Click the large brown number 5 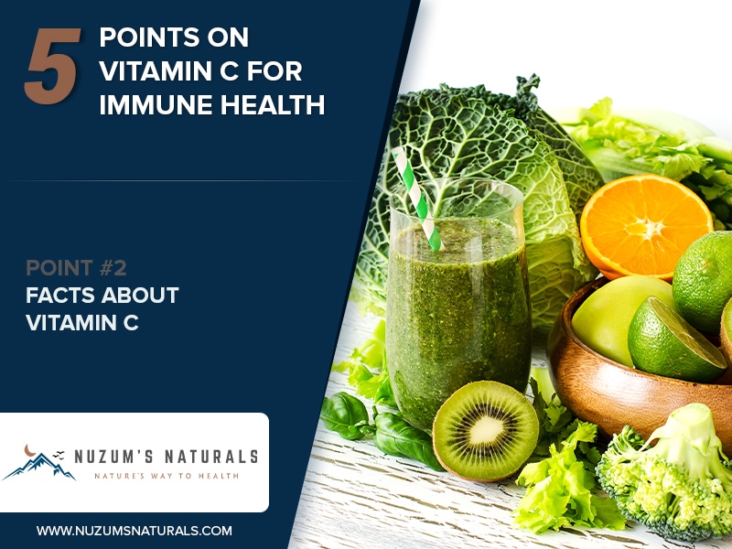52,66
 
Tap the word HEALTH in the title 273,104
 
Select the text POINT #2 76,268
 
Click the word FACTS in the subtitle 59,295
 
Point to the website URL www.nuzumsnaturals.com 135,531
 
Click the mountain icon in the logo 39,467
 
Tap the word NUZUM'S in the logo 113,457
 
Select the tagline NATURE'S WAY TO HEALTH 167,476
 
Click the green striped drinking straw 417,198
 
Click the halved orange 646,226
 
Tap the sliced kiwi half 486,430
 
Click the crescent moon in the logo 30,450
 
